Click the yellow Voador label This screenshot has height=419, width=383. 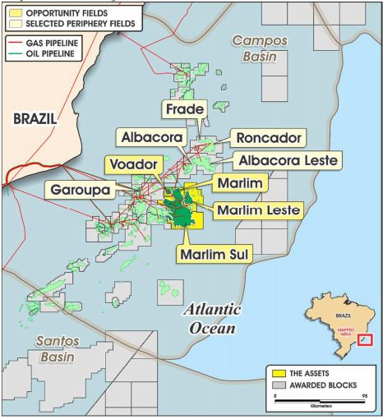132,164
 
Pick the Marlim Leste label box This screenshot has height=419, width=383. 258,211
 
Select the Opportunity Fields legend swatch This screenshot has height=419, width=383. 14,13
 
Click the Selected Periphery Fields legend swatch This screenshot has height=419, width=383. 14,25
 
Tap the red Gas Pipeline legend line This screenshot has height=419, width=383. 14,41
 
